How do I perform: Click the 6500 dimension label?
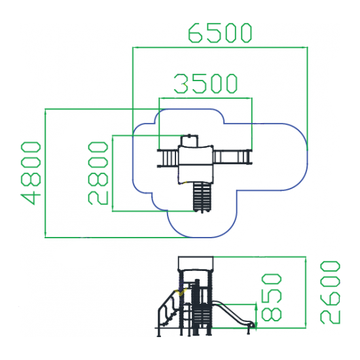(220, 33)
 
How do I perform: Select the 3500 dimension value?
(206, 84)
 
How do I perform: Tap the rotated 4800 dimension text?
(31, 173)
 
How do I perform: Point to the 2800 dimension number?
(98, 173)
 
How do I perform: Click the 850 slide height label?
(272, 297)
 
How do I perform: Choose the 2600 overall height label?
(330, 293)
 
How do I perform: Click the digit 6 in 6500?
(195, 33)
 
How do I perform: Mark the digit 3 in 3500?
(181, 84)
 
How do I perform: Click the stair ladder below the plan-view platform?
(202, 197)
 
